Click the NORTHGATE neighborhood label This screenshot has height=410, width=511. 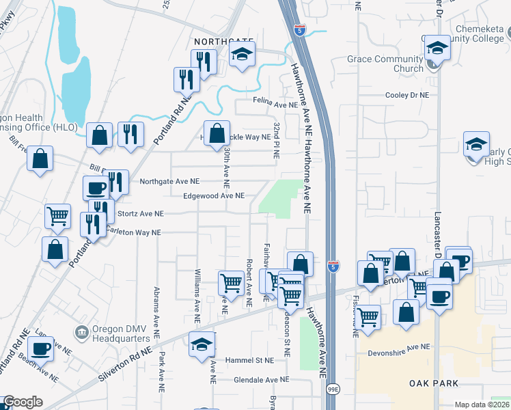tap(224, 42)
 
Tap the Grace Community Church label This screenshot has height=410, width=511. tap(385, 64)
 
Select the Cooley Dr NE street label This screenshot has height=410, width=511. tap(406, 96)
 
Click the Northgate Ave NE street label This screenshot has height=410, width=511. tap(169, 182)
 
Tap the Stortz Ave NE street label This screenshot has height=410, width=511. tap(141, 214)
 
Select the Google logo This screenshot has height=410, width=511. tap(23, 402)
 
